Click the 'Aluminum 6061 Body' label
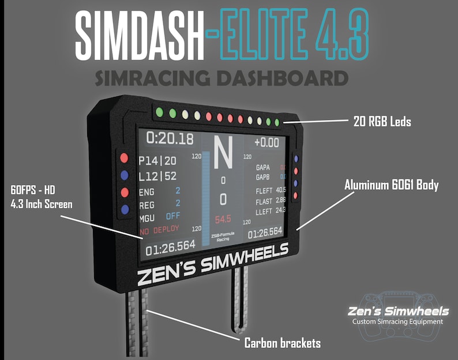click(x=392, y=186)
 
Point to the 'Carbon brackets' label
click(x=282, y=343)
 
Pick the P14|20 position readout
click(x=157, y=161)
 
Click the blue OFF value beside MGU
click(x=173, y=216)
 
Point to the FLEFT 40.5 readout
click(x=271, y=190)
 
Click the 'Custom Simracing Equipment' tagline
click(x=397, y=321)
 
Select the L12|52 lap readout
click(x=157, y=176)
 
